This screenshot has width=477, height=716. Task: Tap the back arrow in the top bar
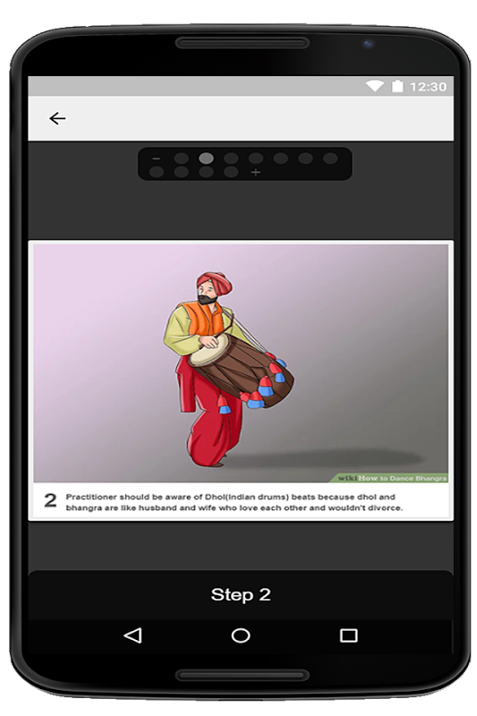coord(57,119)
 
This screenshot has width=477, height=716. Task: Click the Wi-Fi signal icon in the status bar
coord(374,86)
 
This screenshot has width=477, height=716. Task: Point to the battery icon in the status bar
coord(397,86)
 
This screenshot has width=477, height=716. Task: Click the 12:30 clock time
coord(428,86)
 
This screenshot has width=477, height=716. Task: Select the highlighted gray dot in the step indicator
coord(207,158)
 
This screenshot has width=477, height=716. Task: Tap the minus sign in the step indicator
coord(156,158)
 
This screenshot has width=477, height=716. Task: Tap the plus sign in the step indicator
coord(256,172)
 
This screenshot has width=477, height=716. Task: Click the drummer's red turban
coord(214,281)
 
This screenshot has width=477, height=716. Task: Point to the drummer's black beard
coord(208,299)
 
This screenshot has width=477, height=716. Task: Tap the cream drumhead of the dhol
coord(209,350)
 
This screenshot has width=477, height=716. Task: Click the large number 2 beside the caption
coord(50,500)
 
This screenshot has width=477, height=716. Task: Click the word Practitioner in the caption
coord(91,497)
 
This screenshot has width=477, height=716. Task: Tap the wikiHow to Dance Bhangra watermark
coord(392,478)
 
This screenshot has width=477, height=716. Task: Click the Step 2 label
coord(241,594)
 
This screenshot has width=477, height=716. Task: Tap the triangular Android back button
coord(132,635)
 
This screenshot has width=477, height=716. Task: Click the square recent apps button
coord(349,635)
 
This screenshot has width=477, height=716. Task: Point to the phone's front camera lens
coord(368,44)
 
